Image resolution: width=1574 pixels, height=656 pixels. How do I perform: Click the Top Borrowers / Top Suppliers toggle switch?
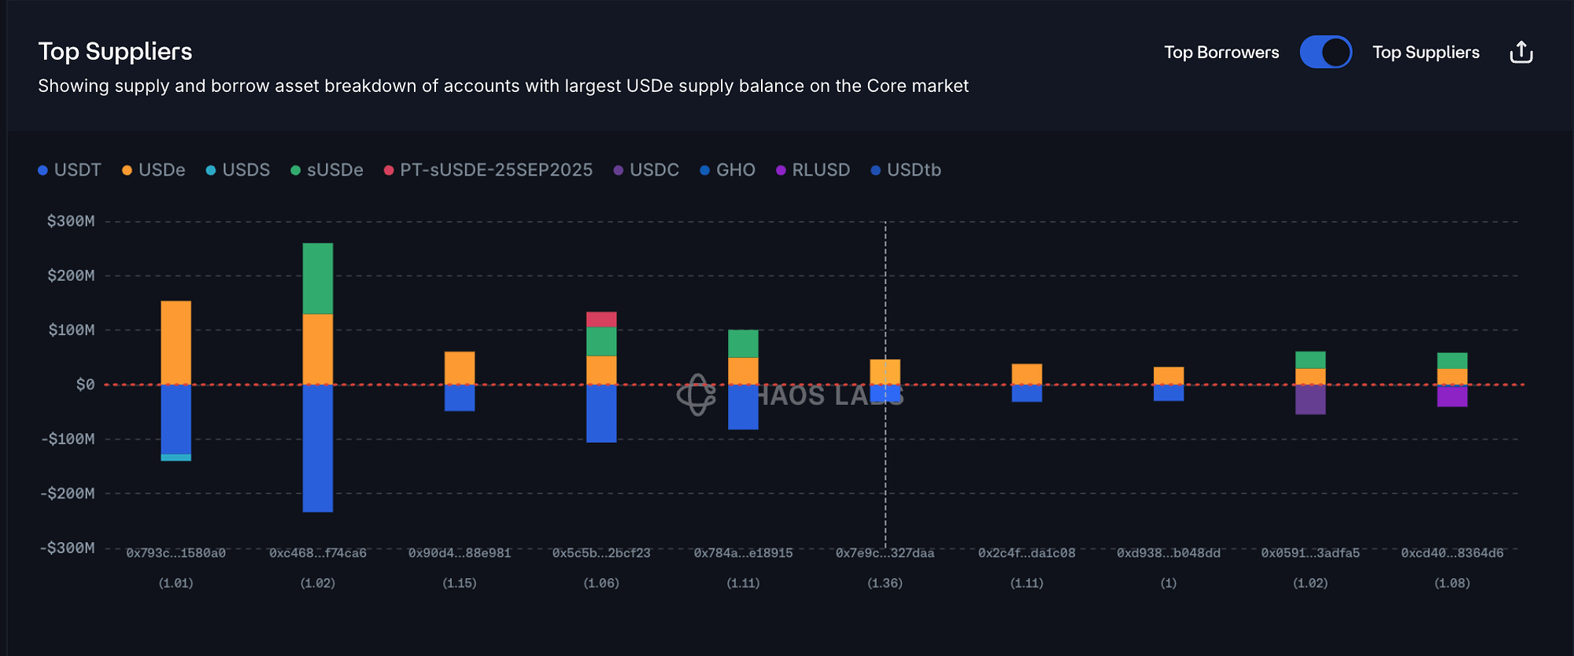coord(1325,52)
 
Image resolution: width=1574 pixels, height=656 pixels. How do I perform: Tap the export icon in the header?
coord(1521,52)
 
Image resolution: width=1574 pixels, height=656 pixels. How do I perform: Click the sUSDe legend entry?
coord(327,170)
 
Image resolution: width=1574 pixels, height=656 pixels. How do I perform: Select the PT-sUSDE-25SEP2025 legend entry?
coord(488,170)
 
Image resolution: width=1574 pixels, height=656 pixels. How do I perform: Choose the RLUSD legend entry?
coord(813,170)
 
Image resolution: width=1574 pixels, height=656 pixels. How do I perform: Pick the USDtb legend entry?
coord(906,170)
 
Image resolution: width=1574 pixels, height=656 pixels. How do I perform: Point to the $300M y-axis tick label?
coord(71,221)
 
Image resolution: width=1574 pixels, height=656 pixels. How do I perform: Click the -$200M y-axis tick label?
coord(68,493)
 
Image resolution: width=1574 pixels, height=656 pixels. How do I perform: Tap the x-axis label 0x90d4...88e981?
coord(460,553)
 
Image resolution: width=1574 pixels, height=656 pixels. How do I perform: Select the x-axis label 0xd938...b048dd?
coord(1169,553)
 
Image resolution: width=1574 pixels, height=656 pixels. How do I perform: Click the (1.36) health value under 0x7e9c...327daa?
coord(885,583)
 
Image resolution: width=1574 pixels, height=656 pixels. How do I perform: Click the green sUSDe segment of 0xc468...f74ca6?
coord(318,278)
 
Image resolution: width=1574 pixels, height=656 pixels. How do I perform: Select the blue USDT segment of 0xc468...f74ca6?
coord(318,448)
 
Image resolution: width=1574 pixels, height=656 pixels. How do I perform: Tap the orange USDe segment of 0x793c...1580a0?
coord(176,342)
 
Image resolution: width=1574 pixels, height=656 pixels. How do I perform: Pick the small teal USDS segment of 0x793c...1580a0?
coord(176,457)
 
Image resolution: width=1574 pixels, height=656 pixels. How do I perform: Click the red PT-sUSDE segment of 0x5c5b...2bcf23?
coord(601,319)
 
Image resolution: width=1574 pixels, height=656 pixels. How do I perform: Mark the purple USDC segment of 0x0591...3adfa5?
coord(1310,399)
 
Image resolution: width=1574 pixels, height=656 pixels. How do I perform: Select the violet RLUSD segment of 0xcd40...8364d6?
coord(1452,396)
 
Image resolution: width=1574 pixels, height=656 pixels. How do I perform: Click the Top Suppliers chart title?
coord(115,51)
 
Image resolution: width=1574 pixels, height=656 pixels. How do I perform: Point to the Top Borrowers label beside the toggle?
coord(1221,52)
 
